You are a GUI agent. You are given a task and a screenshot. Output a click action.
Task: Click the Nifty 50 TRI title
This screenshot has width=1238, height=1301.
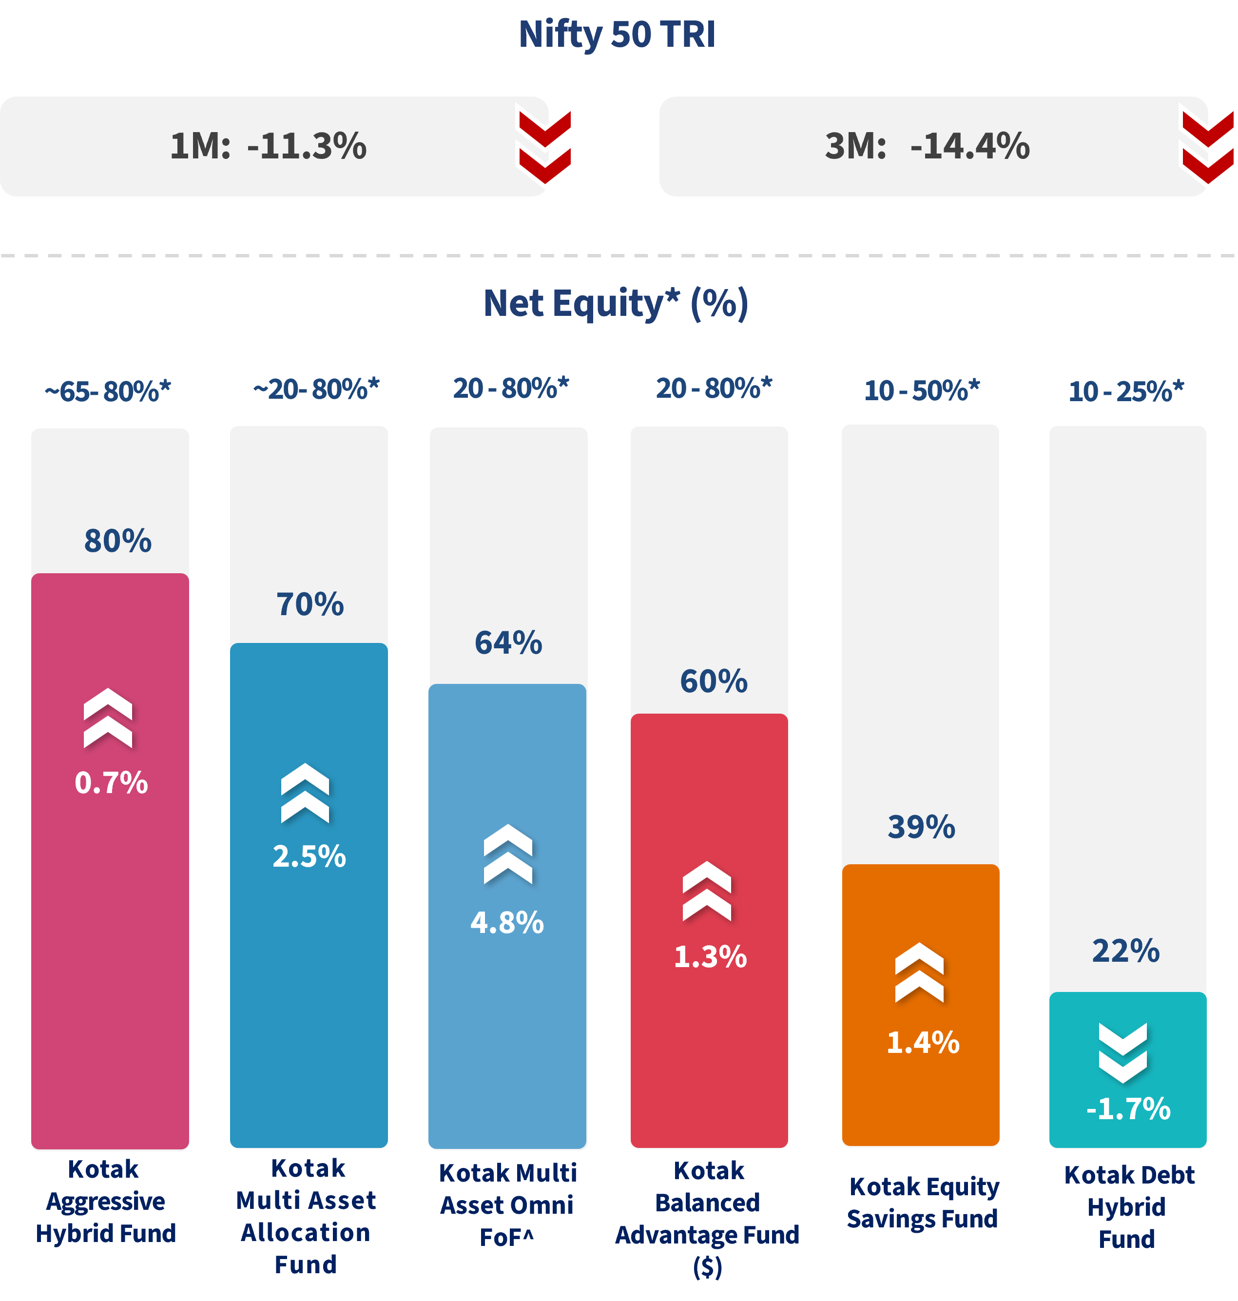click(x=617, y=34)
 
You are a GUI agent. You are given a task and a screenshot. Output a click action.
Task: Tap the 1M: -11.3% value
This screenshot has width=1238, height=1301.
click(x=268, y=146)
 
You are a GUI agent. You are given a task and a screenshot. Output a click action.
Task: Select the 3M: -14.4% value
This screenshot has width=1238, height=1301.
click(x=927, y=146)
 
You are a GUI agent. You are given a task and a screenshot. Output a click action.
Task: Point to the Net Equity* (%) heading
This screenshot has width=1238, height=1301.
click(x=616, y=304)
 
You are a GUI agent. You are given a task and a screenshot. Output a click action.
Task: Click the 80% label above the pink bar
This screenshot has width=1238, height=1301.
click(x=117, y=541)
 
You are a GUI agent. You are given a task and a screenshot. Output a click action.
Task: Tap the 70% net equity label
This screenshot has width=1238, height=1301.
click(x=310, y=604)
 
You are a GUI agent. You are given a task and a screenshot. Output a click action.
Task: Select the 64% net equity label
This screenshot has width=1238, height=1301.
click(x=508, y=642)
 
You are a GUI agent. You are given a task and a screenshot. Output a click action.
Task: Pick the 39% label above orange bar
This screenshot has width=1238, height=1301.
click(x=921, y=826)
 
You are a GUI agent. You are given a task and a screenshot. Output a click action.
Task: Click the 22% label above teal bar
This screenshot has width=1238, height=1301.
click(x=1126, y=951)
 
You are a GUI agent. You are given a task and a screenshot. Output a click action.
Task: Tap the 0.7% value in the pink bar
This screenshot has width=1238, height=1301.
click(x=111, y=783)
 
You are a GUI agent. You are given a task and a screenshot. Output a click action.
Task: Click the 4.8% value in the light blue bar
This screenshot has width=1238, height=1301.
click(x=507, y=923)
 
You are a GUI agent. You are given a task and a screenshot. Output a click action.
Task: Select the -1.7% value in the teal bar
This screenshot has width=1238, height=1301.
click(x=1128, y=1109)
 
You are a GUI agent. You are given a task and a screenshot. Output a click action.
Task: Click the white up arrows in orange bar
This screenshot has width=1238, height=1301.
click(x=919, y=972)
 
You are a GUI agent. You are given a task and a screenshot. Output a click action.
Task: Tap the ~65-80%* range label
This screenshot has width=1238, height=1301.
click(x=108, y=391)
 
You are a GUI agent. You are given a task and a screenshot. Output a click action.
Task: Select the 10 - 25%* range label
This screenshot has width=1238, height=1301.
click(x=1126, y=391)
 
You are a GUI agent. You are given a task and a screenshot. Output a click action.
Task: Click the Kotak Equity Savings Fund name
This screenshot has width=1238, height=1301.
click(x=923, y=1203)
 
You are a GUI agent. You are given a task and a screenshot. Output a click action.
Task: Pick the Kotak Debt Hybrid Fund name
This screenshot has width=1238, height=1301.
click(x=1128, y=1206)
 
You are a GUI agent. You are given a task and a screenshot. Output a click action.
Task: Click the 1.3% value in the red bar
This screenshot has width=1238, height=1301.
click(x=710, y=957)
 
